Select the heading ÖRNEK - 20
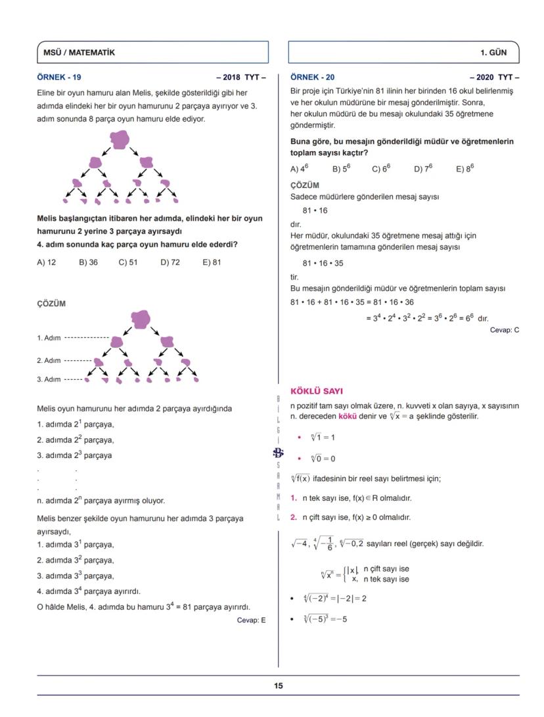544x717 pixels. pyautogui.click(x=312, y=77)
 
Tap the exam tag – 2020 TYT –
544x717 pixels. pyautogui.click(x=494, y=77)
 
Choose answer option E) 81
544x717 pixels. pyautogui.click(x=212, y=262)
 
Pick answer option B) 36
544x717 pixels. pyautogui.click(x=88, y=262)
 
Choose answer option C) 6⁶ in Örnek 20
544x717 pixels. pyautogui.click(x=381, y=168)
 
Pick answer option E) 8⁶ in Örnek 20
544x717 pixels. pyautogui.click(x=465, y=168)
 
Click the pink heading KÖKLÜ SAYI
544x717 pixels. pyautogui.click(x=316, y=391)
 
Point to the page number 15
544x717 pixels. pyautogui.click(x=279, y=685)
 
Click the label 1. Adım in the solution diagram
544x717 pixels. pyautogui.click(x=49, y=338)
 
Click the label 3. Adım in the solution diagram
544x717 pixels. pyautogui.click(x=49, y=379)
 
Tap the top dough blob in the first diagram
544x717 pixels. pyautogui.click(x=120, y=139)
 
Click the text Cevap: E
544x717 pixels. pyautogui.click(x=251, y=620)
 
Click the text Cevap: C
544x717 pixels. pyautogui.click(x=504, y=330)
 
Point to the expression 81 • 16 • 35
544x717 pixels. pyautogui.click(x=323, y=263)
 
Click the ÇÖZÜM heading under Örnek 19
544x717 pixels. pyautogui.click(x=51, y=304)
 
